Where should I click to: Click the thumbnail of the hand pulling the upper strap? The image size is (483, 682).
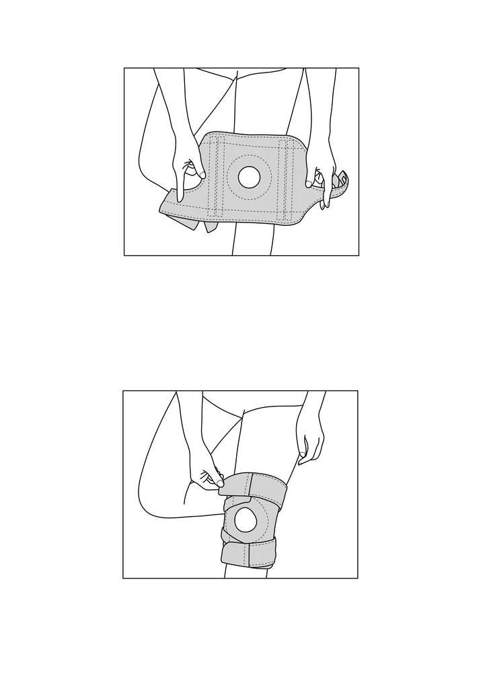pyautogui.click(x=219, y=482)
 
